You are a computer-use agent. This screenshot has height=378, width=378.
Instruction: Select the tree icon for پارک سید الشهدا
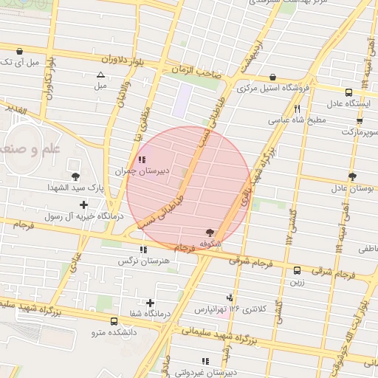coord(75,176)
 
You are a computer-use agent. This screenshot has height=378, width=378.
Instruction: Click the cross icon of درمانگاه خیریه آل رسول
coord(83,205)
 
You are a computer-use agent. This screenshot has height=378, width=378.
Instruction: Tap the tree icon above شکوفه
coord(210,232)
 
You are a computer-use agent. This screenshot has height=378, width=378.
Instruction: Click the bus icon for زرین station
coord(297,270)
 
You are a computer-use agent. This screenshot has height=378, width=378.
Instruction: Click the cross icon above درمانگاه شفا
coord(151,303)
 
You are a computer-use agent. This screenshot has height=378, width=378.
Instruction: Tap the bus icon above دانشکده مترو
coord(114,321)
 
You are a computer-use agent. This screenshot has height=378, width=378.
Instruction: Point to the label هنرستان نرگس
coord(144,261)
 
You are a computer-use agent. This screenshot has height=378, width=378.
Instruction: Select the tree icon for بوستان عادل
coord(353,176)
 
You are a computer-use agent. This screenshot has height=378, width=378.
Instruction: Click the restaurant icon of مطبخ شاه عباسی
coord(297,109)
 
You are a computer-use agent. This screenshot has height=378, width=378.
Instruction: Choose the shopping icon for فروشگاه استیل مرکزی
coord(273,77)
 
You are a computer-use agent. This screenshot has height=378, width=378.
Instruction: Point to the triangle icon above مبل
coord(100,75)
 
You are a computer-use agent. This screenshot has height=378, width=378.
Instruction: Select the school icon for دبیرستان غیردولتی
coord(205,361)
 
